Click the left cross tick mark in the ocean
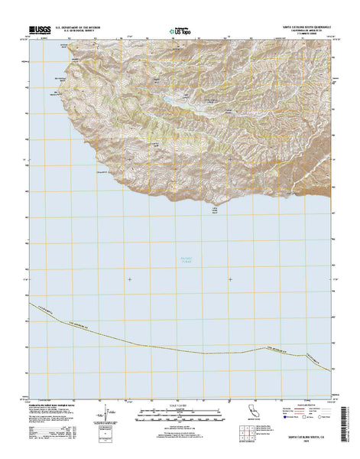click(x=129, y=279)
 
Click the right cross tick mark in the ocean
click(x=230, y=279)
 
